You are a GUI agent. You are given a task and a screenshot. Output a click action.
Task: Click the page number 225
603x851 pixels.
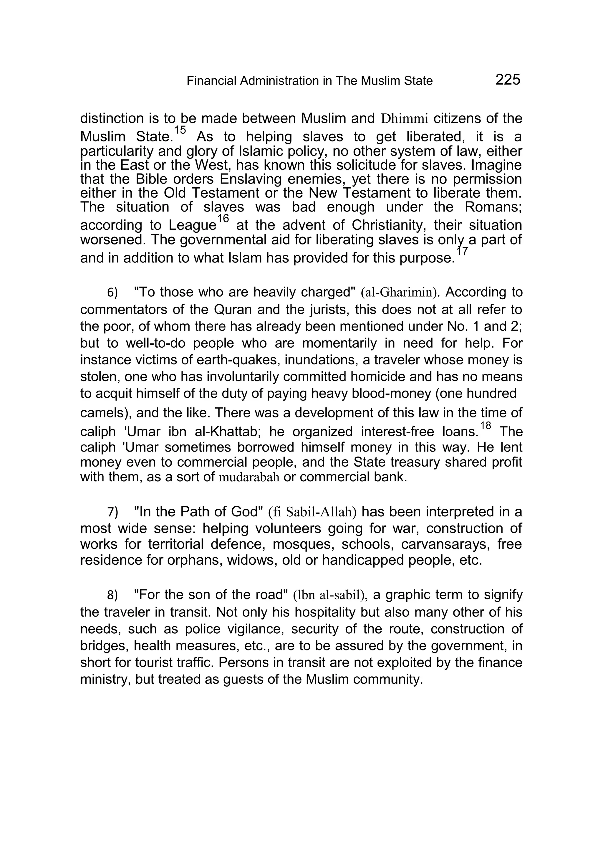[x=508, y=80]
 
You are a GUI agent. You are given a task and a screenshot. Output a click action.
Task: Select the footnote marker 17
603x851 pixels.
[x=462, y=251]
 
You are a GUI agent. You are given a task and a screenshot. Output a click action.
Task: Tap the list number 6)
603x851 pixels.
[x=112, y=293]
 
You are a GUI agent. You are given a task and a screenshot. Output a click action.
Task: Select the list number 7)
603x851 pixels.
[x=112, y=512]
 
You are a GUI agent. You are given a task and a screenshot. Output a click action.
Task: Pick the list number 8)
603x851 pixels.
[x=112, y=595]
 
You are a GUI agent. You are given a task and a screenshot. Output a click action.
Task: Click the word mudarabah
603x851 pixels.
[x=249, y=477]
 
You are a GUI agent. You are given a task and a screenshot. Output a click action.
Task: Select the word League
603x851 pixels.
[x=192, y=225]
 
